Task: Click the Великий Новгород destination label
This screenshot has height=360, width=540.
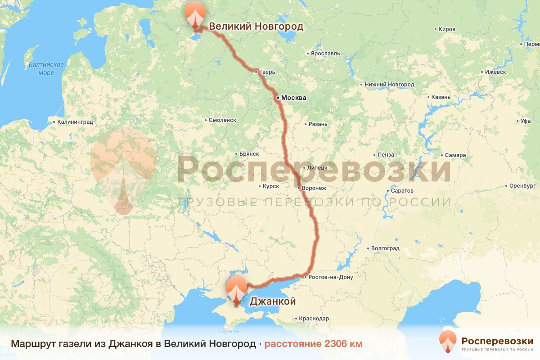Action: pyautogui.click(x=256, y=27)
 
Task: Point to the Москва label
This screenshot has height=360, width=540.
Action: pyautogui.click(x=293, y=98)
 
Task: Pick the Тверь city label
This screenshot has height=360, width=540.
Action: pyautogui.click(x=267, y=72)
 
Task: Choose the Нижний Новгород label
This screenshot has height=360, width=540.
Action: pyautogui.click(x=390, y=85)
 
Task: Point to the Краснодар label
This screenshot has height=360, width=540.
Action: pyautogui.click(x=314, y=319)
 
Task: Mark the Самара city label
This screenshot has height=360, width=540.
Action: pyautogui.click(x=455, y=155)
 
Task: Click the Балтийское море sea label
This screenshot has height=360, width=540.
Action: pyautogui.click(x=46, y=68)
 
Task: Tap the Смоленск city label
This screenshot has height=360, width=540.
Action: pyautogui.click(x=222, y=120)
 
